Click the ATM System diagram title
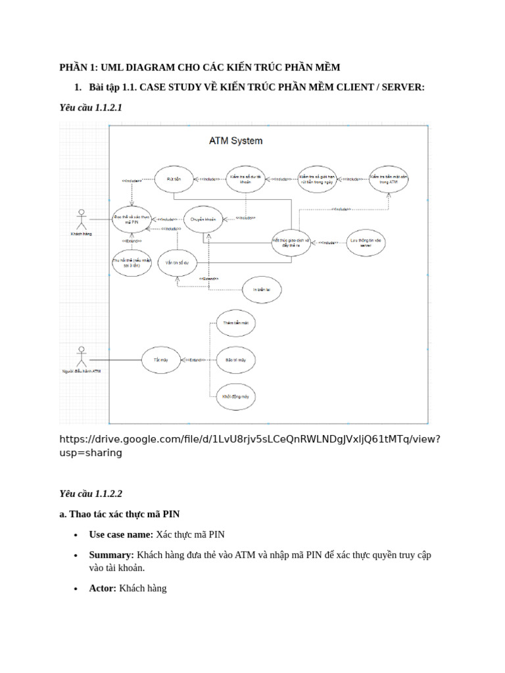(235, 141)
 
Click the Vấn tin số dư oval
(177, 262)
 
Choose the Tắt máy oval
(161, 360)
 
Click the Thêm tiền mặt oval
(235, 324)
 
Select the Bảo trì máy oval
(235, 360)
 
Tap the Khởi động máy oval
(235, 397)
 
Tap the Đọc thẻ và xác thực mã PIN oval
(132, 220)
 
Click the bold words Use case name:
(121, 534)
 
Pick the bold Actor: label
(103, 588)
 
